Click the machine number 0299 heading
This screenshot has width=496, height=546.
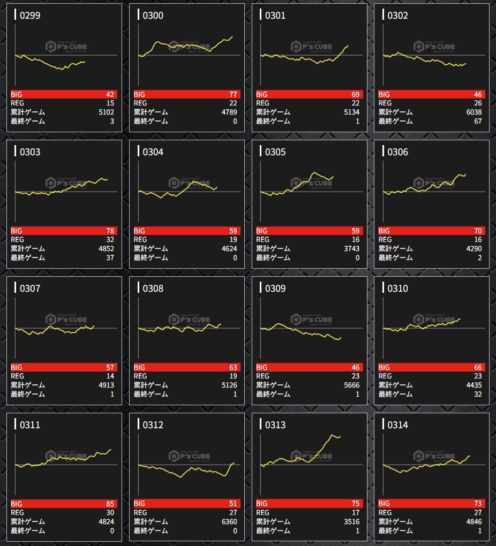pyautogui.click(x=30, y=16)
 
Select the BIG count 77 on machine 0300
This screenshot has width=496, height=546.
pyautogui.click(x=233, y=94)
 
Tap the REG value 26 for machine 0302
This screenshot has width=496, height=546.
pyautogui.click(x=478, y=103)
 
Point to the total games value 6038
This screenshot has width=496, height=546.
pyautogui.click(x=474, y=112)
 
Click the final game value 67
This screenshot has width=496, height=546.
pyautogui.click(x=478, y=122)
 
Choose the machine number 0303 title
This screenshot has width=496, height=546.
pyautogui.click(x=30, y=152)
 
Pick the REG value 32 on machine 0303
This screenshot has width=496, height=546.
pyautogui.click(x=110, y=240)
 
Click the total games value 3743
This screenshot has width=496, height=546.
pyautogui.click(x=351, y=249)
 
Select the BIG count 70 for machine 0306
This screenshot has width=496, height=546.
pyautogui.click(x=478, y=231)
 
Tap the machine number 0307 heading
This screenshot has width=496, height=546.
pyautogui.click(x=30, y=289)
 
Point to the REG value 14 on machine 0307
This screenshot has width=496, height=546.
pyautogui.click(x=110, y=376)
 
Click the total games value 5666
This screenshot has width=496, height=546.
pyautogui.click(x=351, y=385)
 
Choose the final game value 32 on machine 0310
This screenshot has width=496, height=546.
pyautogui.click(x=478, y=395)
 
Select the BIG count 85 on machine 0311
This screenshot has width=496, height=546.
pyautogui.click(x=110, y=504)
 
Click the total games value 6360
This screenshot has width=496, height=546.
pyautogui.click(x=229, y=522)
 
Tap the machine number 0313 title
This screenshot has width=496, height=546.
pyautogui.click(x=275, y=425)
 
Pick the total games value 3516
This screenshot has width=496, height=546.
pyautogui.click(x=351, y=522)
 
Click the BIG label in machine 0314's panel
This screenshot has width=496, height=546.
pyautogui.click(x=385, y=504)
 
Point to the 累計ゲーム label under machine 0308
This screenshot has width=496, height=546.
pyautogui.click(x=151, y=385)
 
